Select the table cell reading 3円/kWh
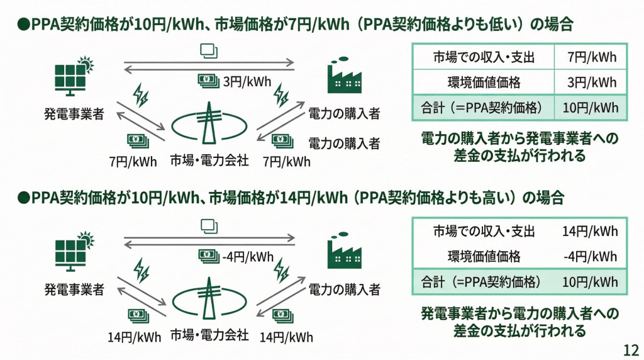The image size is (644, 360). (x=591, y=82)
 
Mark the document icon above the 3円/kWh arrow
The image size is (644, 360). (x=209, y=50)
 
